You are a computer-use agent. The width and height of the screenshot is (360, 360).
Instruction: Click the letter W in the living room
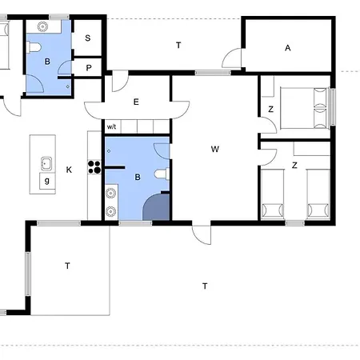(x=215, y=149)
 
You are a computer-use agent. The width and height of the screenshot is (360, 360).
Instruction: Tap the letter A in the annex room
(x=287, y=48)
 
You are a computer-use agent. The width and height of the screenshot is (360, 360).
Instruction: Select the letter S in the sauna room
(x=88, y=38)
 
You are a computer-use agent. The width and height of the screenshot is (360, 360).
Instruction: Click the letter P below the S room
(x=89, y=68)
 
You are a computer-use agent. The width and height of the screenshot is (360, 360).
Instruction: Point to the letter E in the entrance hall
(x=136, y=102)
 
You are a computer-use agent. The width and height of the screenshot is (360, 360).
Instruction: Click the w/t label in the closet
(x=111, y=126)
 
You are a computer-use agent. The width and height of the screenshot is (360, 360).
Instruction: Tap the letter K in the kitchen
(x=69, y=170)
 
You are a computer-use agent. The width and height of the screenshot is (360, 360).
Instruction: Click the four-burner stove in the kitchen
(x=94, y=167)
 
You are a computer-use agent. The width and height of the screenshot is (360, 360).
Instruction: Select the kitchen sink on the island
(x=46, y=163)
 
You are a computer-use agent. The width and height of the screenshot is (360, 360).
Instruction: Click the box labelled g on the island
(x=47, y=181)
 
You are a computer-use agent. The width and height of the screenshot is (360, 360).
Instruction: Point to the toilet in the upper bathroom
(x=34, y=47)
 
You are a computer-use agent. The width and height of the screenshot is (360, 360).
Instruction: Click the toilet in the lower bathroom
(x=162, y=174)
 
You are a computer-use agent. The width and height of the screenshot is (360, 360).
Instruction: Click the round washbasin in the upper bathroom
(x=42, y=26)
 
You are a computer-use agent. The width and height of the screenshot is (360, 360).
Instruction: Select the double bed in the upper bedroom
(x=304, y=108)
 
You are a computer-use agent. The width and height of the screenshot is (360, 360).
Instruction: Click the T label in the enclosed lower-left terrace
(x=67, y=266)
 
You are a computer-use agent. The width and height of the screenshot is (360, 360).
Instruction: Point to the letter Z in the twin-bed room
(x=294, y=166)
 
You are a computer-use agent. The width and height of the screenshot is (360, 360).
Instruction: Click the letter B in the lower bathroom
(x=138, y=177)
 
